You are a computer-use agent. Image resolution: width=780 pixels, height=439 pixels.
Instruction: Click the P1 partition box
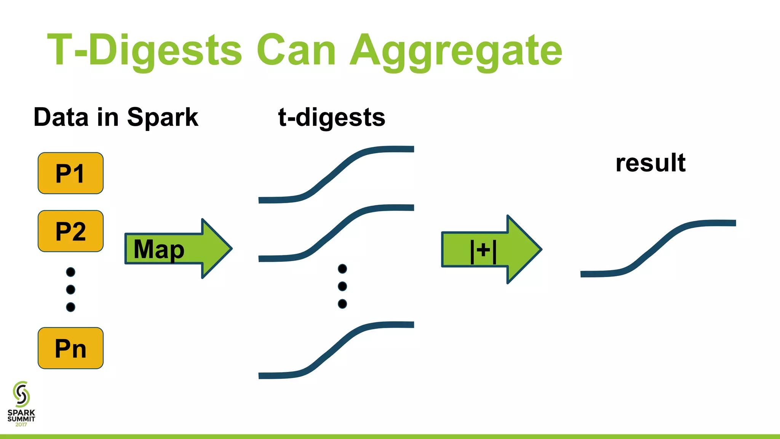tap(70, 173)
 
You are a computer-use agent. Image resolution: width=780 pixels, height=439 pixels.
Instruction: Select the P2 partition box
tap(70, 231)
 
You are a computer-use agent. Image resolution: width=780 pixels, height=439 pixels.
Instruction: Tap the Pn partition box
tap(70, 348)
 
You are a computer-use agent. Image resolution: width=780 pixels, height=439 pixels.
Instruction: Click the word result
tap(650, 163)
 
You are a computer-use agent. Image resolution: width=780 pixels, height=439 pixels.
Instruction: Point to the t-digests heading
tap(332, 117)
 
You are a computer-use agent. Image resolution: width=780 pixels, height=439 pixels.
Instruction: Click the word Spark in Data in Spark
tap(162, 117)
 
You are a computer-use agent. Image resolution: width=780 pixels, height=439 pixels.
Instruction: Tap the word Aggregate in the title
tap(456, 50)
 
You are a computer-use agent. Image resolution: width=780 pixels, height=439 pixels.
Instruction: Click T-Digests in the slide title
tap(145, 50)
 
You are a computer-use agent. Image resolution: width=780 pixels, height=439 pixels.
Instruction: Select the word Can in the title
tap(296, 50)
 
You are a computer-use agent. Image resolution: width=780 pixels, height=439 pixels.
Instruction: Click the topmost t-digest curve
tap(335, 171)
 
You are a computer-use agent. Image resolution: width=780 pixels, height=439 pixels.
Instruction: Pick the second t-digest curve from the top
tap(335, 230)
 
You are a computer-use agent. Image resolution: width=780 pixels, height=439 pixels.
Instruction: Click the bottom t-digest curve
tap(335, 347)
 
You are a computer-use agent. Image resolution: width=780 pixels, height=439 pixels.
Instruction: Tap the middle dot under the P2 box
tap(70, 290)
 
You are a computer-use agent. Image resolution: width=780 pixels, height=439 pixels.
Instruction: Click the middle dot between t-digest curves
tap(342, 286)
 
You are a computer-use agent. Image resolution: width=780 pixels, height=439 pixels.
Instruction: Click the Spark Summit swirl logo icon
tap(21, 394)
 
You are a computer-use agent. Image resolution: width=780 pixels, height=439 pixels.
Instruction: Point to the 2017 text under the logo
tap(21, 425)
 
